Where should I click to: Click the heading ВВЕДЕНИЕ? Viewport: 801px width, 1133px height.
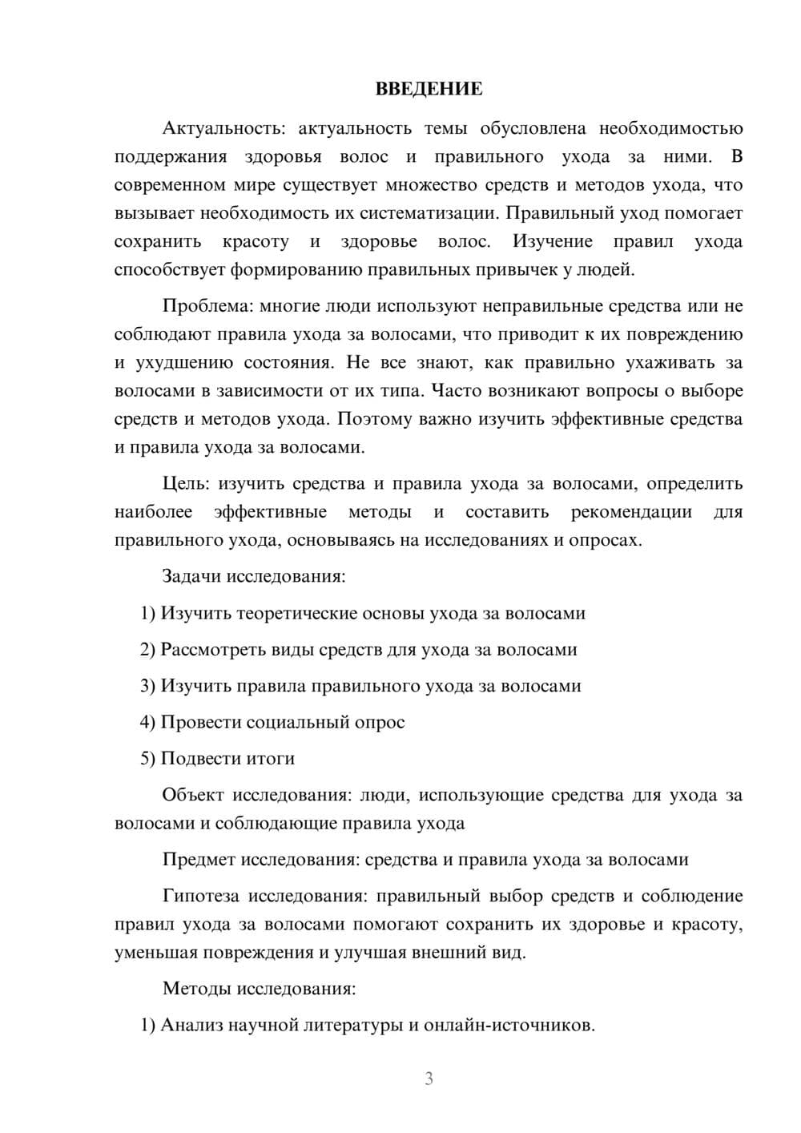[x=429, y=89]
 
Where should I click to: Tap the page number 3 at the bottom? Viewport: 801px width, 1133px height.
[x=429, y=1079]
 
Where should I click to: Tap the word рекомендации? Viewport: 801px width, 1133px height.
[x=631, y=512]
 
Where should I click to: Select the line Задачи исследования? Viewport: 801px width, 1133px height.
[x=254, y=576]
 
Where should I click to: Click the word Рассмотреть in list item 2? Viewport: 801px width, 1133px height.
[x=211, y=650]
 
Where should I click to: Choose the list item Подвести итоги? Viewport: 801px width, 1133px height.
[x=227, y=759]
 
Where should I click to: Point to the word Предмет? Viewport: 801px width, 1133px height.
[x=199, y=860]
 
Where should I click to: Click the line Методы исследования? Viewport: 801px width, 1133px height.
[x=259, y=988]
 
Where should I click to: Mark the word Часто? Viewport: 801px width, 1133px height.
[x=457, y=391]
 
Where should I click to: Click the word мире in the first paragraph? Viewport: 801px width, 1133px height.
[x=250, y=185]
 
